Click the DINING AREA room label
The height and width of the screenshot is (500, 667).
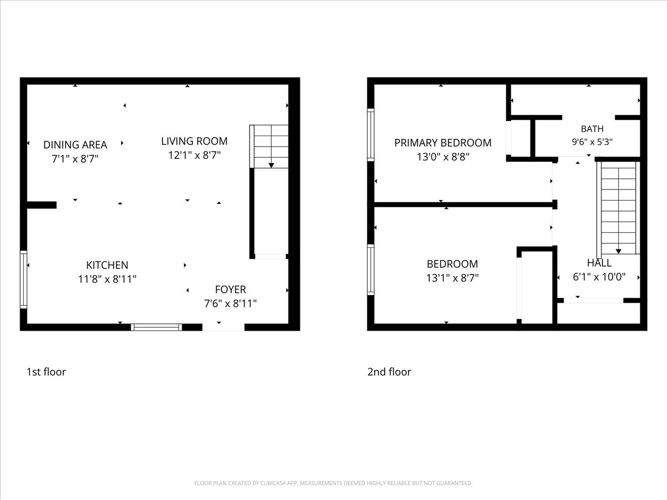click(x=75, y=145)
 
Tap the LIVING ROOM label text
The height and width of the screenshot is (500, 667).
click(x=194, y=141)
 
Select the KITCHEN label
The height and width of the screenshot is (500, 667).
click(x=107, y=265)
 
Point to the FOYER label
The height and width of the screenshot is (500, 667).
click(x=230, y=289)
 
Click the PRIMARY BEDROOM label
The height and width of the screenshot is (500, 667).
click(x=443, y=143)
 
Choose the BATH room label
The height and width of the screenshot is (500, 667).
click(x=592, y=129)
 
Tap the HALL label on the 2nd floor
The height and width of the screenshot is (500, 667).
click(x=599, y=263)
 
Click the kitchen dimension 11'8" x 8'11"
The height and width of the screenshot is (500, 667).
click(x=107, y=279)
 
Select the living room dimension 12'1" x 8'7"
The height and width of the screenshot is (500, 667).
click(x=194, y=155)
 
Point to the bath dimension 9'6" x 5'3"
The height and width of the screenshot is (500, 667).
click(x=592, y=142)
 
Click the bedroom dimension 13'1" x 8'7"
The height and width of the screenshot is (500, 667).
click(x=452, y=278)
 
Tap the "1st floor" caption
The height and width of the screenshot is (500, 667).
click(x=46, y=372)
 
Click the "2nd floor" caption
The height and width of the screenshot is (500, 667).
click(x=389, y=372)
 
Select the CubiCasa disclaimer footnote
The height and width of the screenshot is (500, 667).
click(x=333, y=483)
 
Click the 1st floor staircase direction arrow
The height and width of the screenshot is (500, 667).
click(x=271, y=166)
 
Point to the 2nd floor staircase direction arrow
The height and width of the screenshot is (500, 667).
click(x=619, y=251)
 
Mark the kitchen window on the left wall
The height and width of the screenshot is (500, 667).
click(x=23, y=279)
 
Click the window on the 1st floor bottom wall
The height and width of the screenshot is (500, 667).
click(x=156, y=327)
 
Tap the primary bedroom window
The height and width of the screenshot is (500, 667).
click(x=370, y=135)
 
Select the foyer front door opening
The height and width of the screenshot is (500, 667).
click(x=223, y=327)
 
